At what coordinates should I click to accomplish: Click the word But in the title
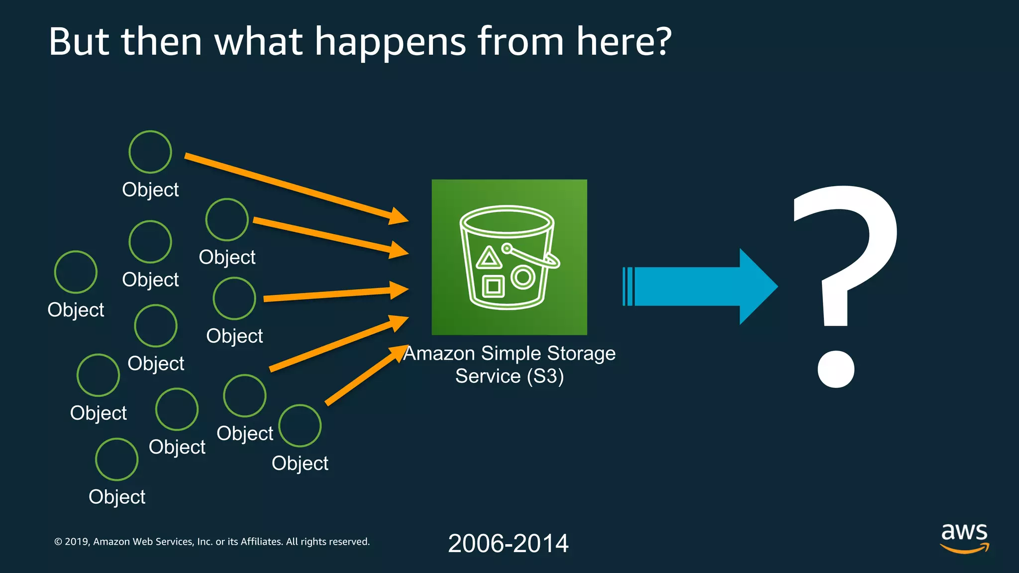click(x=79, y=42)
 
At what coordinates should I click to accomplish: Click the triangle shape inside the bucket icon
click(x=489, y=258)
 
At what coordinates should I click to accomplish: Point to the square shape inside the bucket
click(x=493, y=286)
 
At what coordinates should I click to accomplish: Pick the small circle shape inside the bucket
click(x=522, y=277)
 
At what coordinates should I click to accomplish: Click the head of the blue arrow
click(x=756, y=286)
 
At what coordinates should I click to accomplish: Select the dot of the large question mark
click(x=836, y=369)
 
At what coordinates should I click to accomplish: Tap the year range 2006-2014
click(x=508, y=543)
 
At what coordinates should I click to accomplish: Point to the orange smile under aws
click(x=964, y=548)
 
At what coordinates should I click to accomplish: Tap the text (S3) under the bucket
click(x=545, y=376)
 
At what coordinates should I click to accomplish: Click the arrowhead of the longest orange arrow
click(x=398, y=216)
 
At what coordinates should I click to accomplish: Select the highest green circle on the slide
click(x=150, y=152)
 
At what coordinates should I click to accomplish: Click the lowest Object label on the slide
click(x=117, y=497)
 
